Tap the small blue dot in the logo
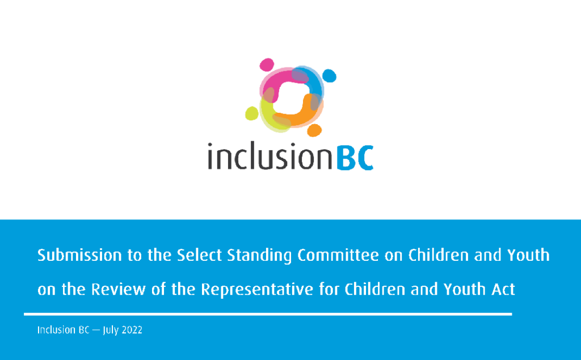pyautogui.click(x=329, y=75)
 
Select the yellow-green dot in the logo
pyautogui.click(x=252, y=113)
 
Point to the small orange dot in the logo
pyautogui.click(x=314, y=130)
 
